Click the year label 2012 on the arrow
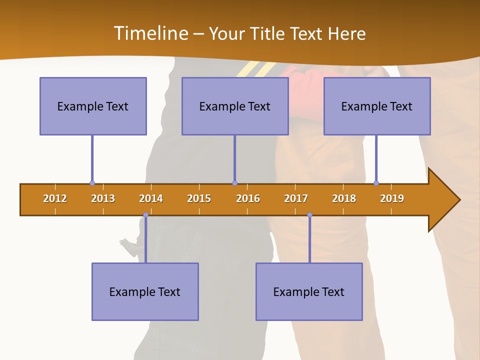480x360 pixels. point(55,198)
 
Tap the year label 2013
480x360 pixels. point(103,198)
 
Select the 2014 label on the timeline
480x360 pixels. point(151,198)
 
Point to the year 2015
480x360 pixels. point(199,198)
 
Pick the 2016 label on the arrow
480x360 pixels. point(248,198)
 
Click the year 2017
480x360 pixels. point(296,198)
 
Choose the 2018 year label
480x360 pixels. point(344,198)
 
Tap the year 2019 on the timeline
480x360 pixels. point(392,198)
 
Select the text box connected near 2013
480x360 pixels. point(93,106)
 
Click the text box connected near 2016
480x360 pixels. point(235,106)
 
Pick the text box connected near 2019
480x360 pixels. point(377,106)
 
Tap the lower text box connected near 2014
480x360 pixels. point(145,291)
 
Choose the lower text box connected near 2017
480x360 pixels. point(309,291)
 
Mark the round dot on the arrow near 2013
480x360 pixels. point(92,183)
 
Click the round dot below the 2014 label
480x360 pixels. point(145,215)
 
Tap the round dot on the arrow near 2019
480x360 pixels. point(376,183)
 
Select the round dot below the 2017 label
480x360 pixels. point(309,215)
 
